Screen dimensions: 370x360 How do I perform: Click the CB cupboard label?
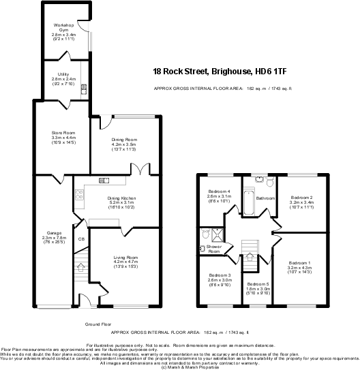[x=80, y=238]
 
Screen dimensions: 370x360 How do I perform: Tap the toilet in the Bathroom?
[x=270, y=181]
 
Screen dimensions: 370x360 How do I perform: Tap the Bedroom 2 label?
[x=301, y=197]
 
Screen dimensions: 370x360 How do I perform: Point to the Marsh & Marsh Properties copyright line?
[x=180, y=367]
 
